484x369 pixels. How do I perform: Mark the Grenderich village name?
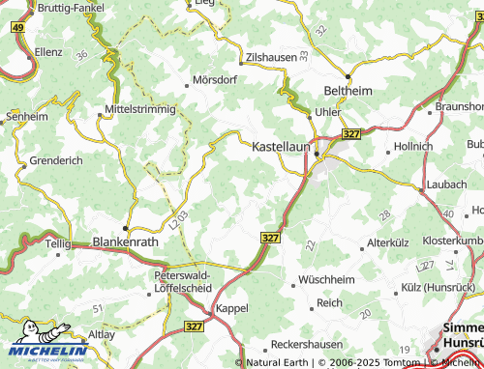click(x=55, y=159)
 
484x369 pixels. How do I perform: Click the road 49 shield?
click(x=18, y=28)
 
